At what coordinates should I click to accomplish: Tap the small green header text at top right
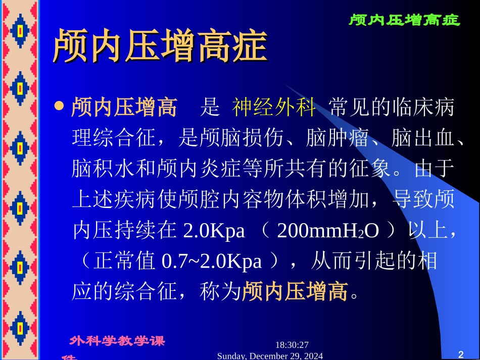(x=404, y=20)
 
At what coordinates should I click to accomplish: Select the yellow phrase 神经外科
(x=274, y=108)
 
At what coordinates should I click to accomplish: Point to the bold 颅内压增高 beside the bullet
(x=124, y=108)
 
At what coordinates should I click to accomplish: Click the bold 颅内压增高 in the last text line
(x=295, y=292)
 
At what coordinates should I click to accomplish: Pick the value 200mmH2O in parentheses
(x=328, y=231)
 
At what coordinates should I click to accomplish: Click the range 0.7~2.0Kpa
(x=212, y=262)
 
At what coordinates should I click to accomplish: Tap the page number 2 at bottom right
(x=460, y=353)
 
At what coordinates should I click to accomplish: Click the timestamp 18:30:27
(x=292, y=345)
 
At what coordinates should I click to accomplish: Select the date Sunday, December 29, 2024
(x=270, y=356)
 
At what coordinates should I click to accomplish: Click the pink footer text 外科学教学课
(x=117, y=341)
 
